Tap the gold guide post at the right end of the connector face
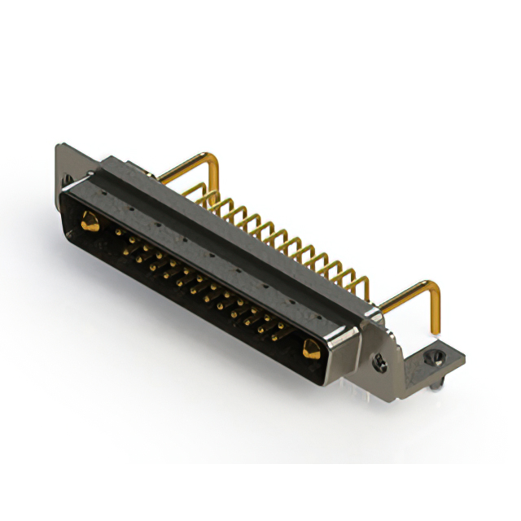[x=310, y=351]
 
